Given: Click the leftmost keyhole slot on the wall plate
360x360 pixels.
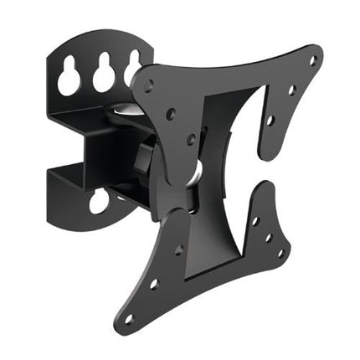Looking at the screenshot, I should (x=69, y=79).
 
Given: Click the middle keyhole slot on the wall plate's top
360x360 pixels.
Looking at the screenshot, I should (x=103, y=75).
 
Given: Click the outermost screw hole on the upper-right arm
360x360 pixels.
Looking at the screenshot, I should (x=312, y=60).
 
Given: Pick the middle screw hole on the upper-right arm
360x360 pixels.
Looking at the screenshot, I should (x=292, y=90).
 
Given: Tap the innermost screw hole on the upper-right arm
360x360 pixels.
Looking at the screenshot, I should (x=270, y=120).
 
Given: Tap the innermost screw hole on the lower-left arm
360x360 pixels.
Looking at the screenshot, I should (x=177, y=249).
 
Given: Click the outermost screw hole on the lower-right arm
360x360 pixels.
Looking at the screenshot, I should (x=280, y=252).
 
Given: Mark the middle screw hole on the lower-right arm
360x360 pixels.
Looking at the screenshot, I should (x=268, y=237).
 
